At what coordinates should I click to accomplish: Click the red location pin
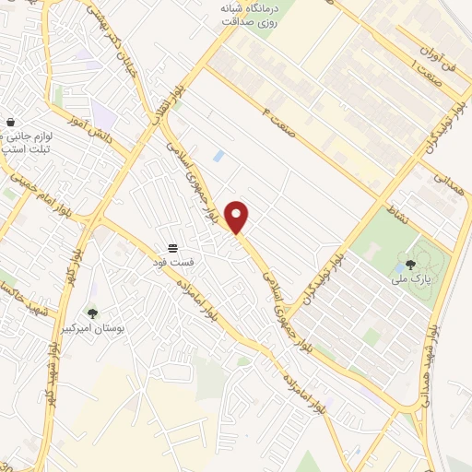click(x=237, y=217)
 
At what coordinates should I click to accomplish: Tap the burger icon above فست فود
click(x=171, y=248)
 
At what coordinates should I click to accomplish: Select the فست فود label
click(x=172, y=262)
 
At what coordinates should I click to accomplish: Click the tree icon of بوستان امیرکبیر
click(x=90, y=313)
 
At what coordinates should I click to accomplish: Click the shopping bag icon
click(x=10, y=122)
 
